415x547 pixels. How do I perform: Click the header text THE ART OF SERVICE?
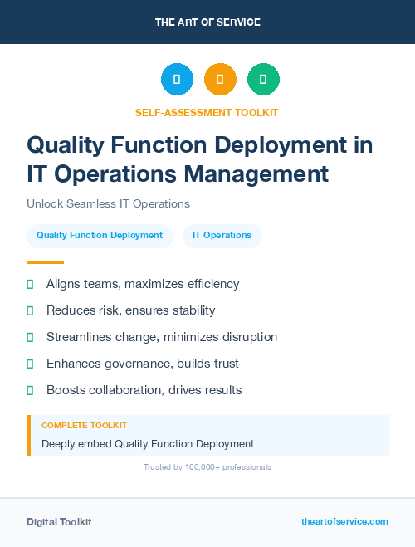[x=207, y=22]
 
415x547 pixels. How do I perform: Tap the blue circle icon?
[x=177, y=80]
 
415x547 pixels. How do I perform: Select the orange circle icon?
[x=220, y=80]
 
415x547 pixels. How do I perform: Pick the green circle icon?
[x=263, y=80]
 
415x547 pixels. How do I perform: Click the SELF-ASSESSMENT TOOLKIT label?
[x=207, y=112]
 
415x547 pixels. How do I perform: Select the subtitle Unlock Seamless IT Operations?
[x=108, y=203]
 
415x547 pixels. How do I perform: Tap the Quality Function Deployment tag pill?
[x=100, y=235]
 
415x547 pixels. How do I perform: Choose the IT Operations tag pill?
[x=222, y=235]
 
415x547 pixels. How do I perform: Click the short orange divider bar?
[x=45, y=261]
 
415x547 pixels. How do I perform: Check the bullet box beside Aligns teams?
[x=30, y=284]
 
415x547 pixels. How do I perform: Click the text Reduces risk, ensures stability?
[x=130, y=310]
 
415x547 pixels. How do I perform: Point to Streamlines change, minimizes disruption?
[x=161, y=337]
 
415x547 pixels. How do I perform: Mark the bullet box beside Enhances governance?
[x=30, y=364]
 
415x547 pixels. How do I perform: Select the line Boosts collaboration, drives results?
[x=144, y=390]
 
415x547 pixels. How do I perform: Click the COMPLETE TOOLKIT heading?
[x=84, y=425]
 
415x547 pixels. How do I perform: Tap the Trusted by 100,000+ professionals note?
[x=207, y=467]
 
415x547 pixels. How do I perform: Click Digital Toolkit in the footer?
[x=59, y=522]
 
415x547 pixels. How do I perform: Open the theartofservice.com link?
[x=344, y=521]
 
